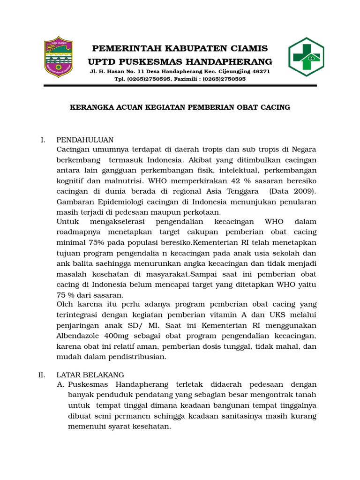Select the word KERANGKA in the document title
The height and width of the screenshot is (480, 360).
click(x=91, y=107)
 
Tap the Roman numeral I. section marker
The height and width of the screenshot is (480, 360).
click(x=43, y=140)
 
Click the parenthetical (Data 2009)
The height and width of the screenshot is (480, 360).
click(x=293, y=191)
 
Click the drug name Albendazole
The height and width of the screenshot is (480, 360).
click(x=79, y=336)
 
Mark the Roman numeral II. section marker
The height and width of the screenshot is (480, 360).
click(x=41, y=375)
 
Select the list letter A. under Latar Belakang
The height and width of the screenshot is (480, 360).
click(x=60, y=385)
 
